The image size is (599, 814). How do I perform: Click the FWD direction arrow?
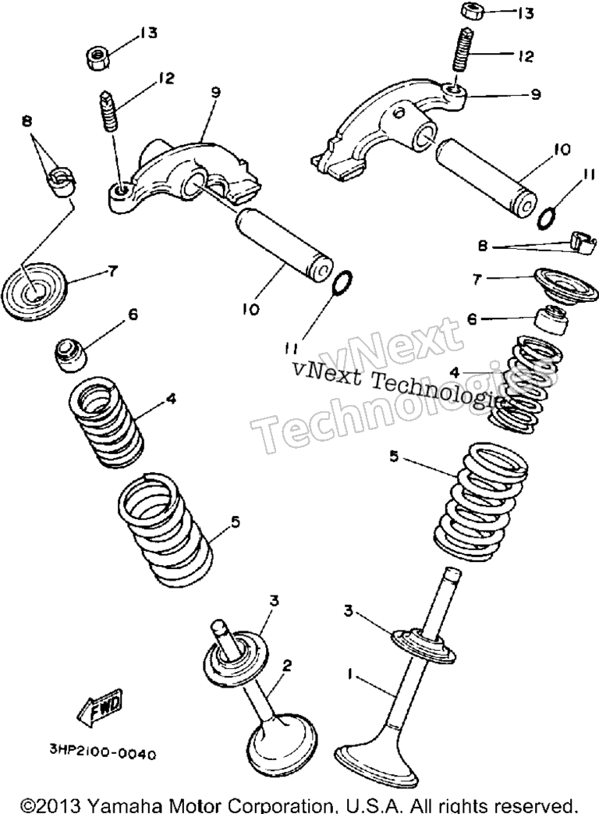(x=101, y=708)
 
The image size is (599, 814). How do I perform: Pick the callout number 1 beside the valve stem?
(x=351, y=674)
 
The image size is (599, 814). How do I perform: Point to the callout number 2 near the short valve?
(x=287, y=664)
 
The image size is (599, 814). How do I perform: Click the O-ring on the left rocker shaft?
(x=342, y=282)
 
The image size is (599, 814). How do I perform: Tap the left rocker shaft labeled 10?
(x=282, y=243)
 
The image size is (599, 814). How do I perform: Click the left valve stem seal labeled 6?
(x=70, y=355)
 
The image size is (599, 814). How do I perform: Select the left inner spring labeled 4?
(x=107, y=423)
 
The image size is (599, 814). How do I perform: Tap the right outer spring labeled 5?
(x=480, y=501)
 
